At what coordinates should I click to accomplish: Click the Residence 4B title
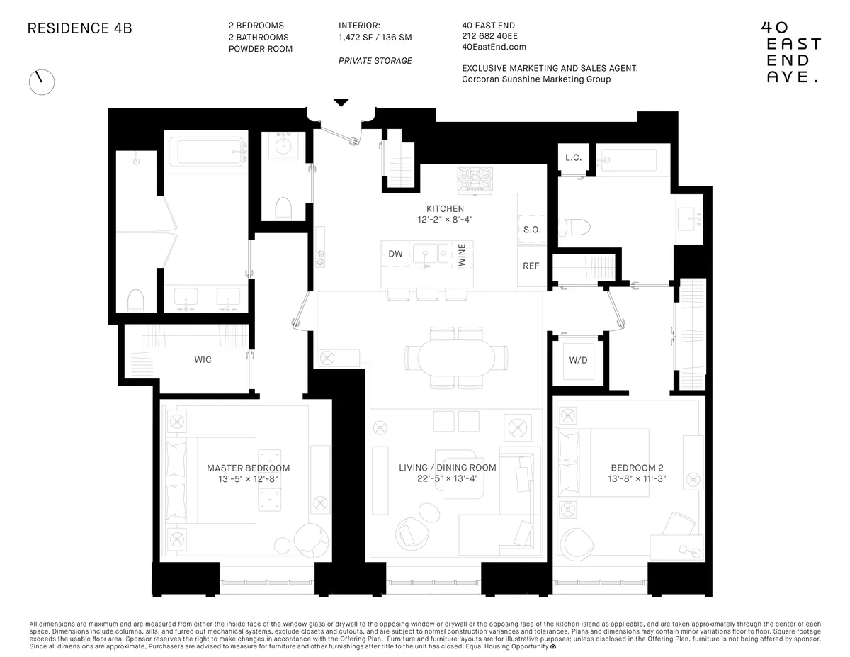[x=79, y=29]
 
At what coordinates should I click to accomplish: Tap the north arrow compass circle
[x=42, y=82]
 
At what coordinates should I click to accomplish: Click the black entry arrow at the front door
[x=341, y=103]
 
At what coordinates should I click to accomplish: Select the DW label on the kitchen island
[x=395, y=254]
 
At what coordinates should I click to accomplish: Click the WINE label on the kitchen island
[x=462, y=254]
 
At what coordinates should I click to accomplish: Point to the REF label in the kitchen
[x=531, y=266]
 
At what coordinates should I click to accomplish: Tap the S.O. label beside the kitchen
[x=531, y=230]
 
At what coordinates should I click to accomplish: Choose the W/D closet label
[x=578, y=360]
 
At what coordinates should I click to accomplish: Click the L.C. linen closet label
[x=573, y=157]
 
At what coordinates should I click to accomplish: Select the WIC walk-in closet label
[x=203, y=359]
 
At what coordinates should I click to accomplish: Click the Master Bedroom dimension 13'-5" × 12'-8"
[x=248, y=480]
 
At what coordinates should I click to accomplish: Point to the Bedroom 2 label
[x=637, y=468]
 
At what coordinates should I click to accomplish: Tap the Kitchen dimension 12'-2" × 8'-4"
[x=445, y=220]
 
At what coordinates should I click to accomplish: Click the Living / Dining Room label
[x=447, y=468]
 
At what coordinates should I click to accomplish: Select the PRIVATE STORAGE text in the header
[x=375, y=61]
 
